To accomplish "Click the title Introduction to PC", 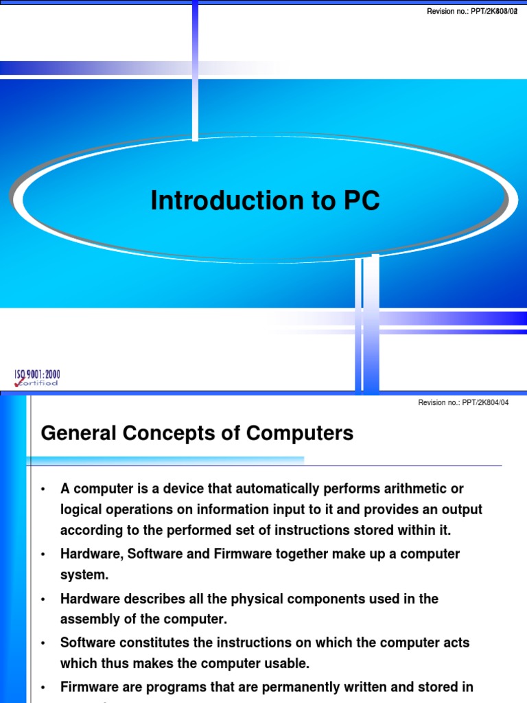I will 265,201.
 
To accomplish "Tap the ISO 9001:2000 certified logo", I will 37,378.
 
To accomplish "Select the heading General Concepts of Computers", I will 197,433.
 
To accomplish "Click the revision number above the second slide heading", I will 463,403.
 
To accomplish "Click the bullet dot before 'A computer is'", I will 43,489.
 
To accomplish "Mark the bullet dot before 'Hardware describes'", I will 43,599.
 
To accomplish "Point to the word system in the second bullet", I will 83,574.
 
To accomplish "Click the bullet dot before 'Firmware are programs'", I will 43,687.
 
